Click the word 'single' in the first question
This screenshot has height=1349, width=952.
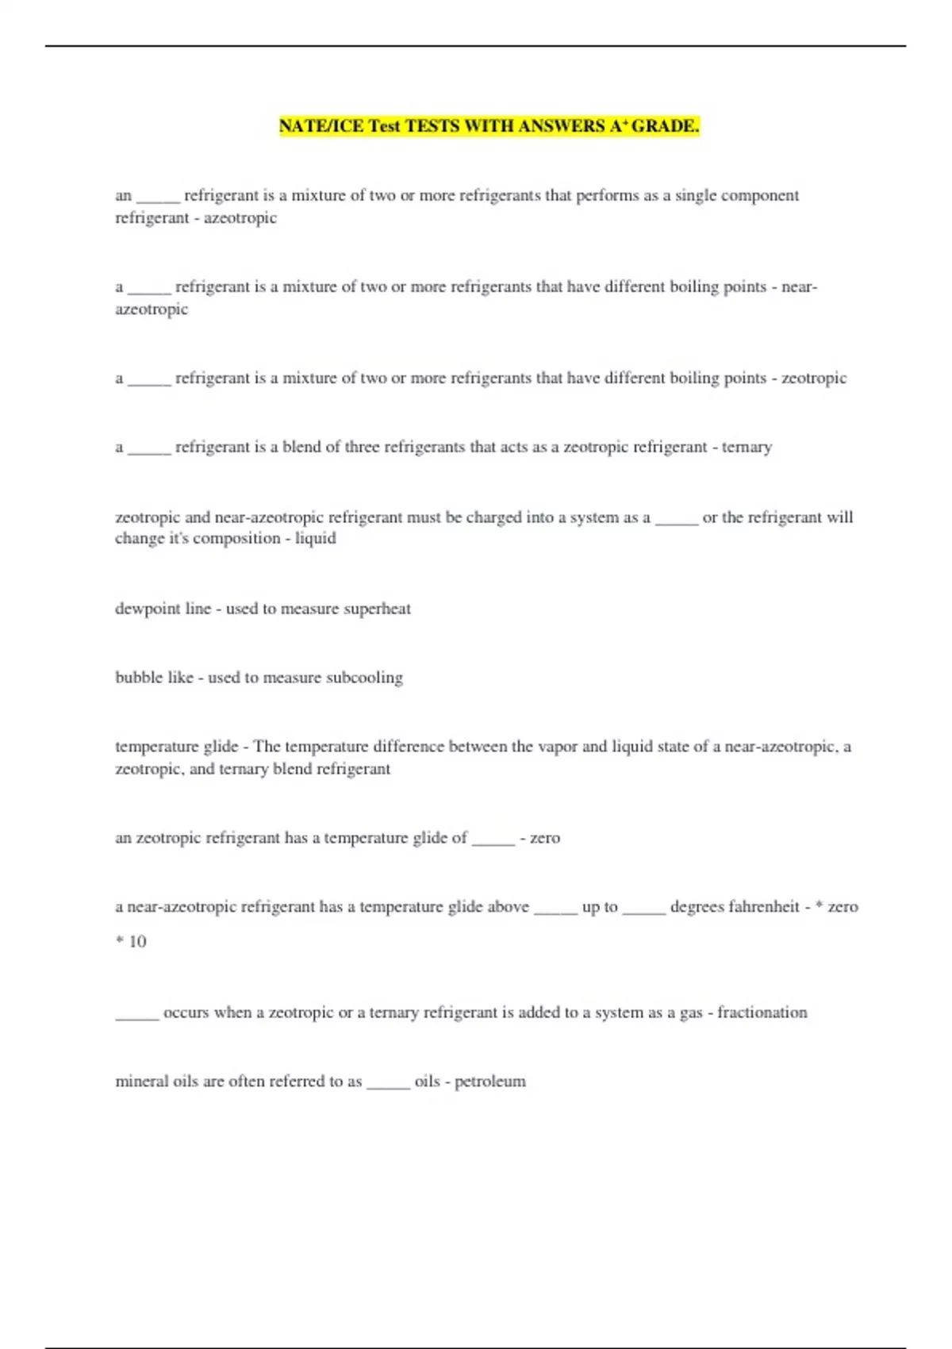(x=697, y=196)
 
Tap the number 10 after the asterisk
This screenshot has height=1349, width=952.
(x=137, y=942)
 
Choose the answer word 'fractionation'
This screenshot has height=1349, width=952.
(x=762, y=1013)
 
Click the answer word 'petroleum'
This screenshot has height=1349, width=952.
(x=489, y=1082)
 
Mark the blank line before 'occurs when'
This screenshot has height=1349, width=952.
(x=137, y=1017)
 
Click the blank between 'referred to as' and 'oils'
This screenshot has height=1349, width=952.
(x=388, y=1086)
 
